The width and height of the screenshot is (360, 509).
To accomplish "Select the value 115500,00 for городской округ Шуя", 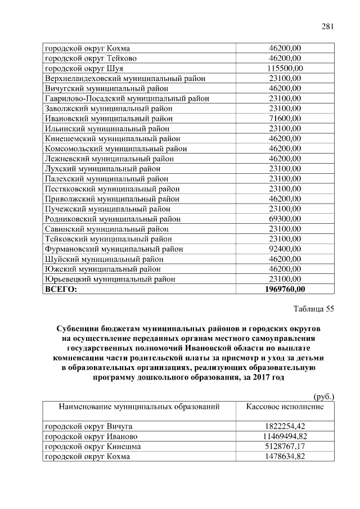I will pos(285,69).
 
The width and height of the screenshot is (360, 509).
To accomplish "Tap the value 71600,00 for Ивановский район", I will pos(285,119).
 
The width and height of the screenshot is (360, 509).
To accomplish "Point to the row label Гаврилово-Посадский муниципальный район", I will pos(127,98).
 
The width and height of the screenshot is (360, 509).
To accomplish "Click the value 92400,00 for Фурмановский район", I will pos(285,249).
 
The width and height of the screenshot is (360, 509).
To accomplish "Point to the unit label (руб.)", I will pos(323,397).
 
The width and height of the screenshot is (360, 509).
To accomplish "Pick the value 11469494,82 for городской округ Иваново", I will pos(285,436).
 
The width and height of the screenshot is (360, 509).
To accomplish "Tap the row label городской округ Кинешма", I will pos(93,447).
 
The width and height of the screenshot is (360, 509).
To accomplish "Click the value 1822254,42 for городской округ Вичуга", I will pos(285,426).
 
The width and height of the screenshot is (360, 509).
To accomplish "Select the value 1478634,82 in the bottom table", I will pos(285,457).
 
